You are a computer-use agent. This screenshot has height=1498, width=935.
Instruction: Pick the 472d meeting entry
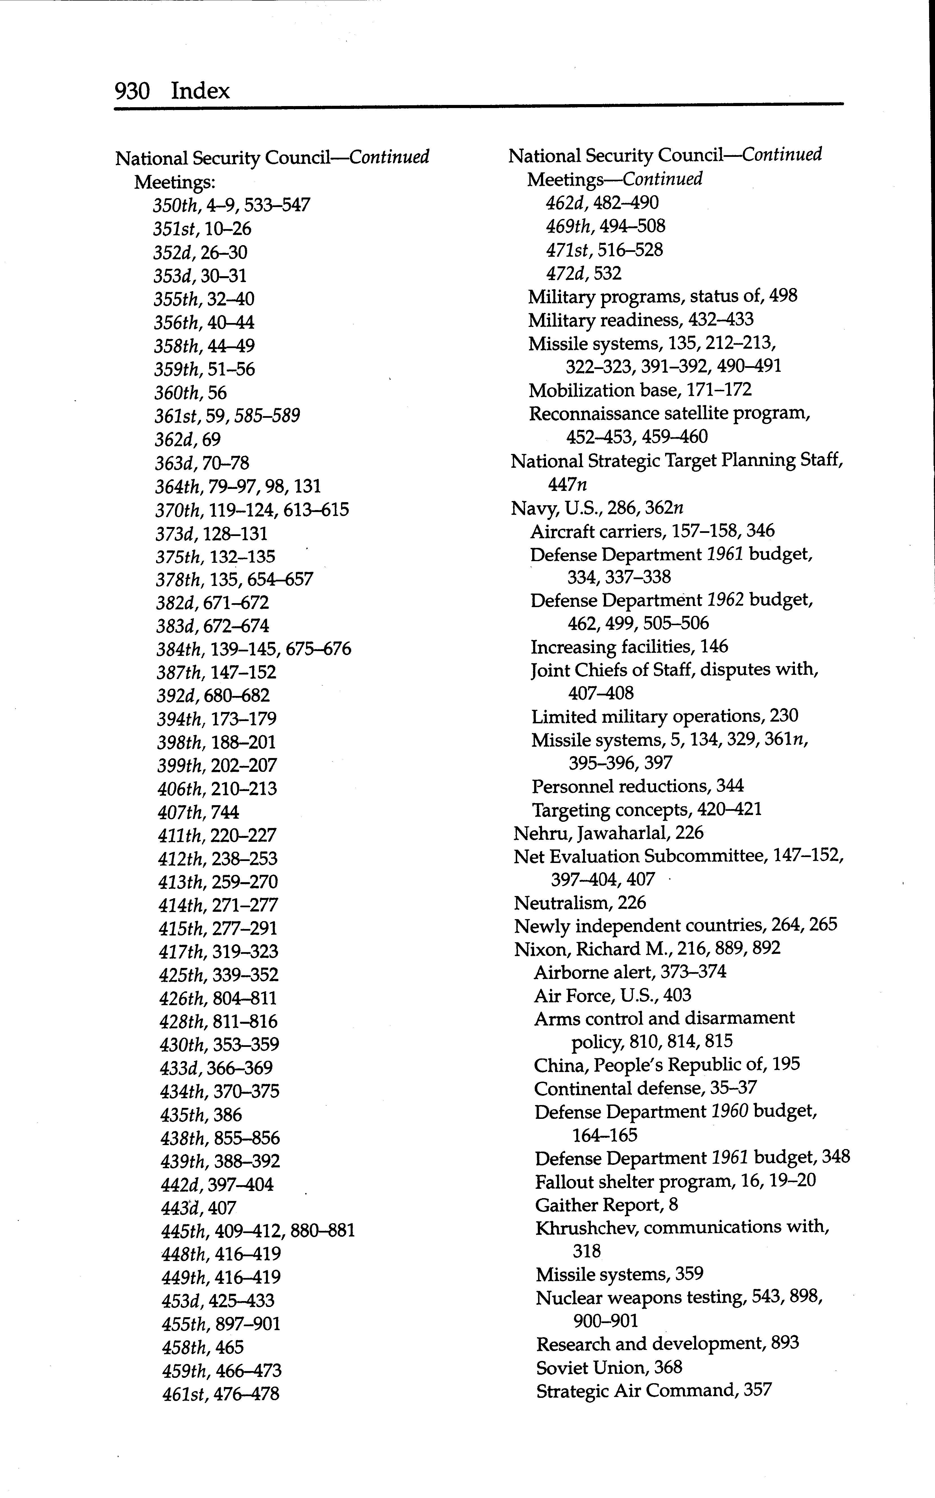point(584,273)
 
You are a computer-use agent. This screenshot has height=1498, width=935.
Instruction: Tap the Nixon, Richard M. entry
point(647,949)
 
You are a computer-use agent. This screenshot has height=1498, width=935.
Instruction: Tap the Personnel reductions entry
point(637,786)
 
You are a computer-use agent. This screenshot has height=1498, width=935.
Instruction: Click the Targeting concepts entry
point(646,810)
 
